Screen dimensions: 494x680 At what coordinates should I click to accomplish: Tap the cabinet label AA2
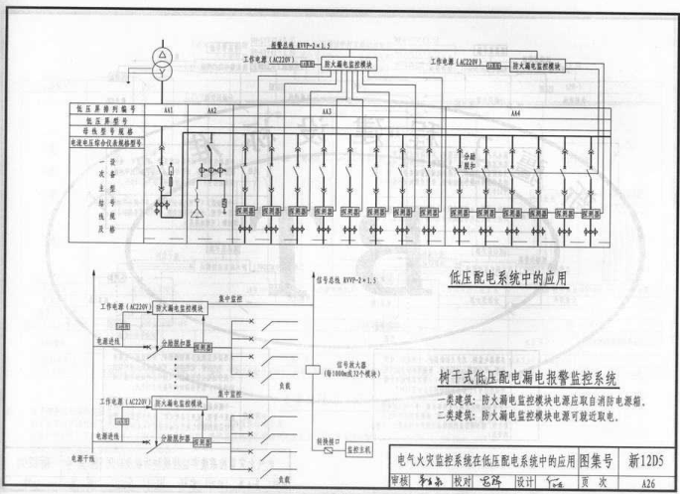(x=210, y=109)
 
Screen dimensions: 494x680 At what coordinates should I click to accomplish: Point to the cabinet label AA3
(x=327, y=111)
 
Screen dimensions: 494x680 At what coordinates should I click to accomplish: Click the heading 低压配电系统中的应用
(x=508, y=278)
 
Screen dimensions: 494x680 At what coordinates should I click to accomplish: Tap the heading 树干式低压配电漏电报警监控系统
(x=528, y=378)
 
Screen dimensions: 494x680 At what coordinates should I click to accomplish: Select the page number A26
(x=647, y=480)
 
